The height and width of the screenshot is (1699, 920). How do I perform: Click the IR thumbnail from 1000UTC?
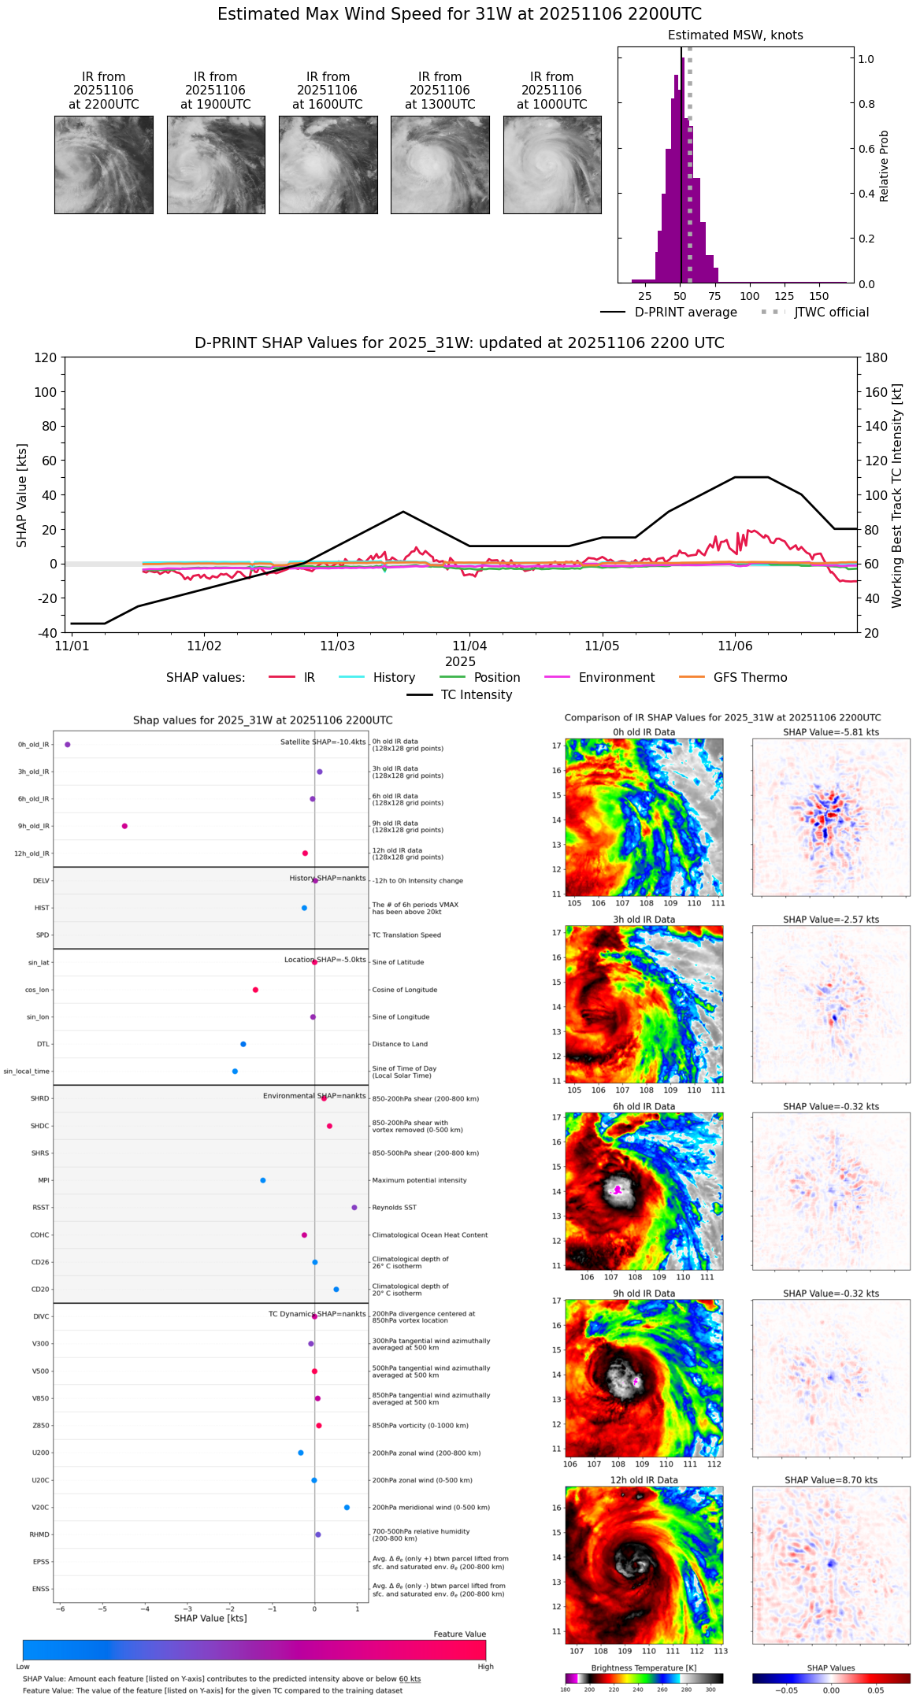pos(552,165)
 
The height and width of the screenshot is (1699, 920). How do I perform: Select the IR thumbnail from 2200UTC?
pos(104,165)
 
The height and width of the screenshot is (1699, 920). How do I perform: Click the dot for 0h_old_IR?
pos(68,745)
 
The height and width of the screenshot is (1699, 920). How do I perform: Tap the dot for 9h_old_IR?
pos(124,826)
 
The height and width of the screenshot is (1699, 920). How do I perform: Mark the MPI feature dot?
pos(263,1180)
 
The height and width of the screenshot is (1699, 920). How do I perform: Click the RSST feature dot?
pos(354,1208)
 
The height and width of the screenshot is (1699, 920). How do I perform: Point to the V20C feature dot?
pos(347,1508)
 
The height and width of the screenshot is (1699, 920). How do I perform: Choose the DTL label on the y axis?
pos(43,1045)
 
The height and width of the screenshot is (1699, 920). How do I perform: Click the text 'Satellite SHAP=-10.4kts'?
pos(323,742)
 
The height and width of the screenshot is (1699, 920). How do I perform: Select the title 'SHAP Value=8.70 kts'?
pos(831,1480)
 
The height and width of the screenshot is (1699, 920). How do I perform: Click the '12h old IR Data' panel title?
pos(644,1480)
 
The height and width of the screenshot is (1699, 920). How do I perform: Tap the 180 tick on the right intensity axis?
pos(877,357)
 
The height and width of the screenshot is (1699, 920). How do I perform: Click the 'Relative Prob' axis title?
pos(885,166)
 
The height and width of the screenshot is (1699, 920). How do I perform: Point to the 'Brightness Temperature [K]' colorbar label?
pos(644,1668)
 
